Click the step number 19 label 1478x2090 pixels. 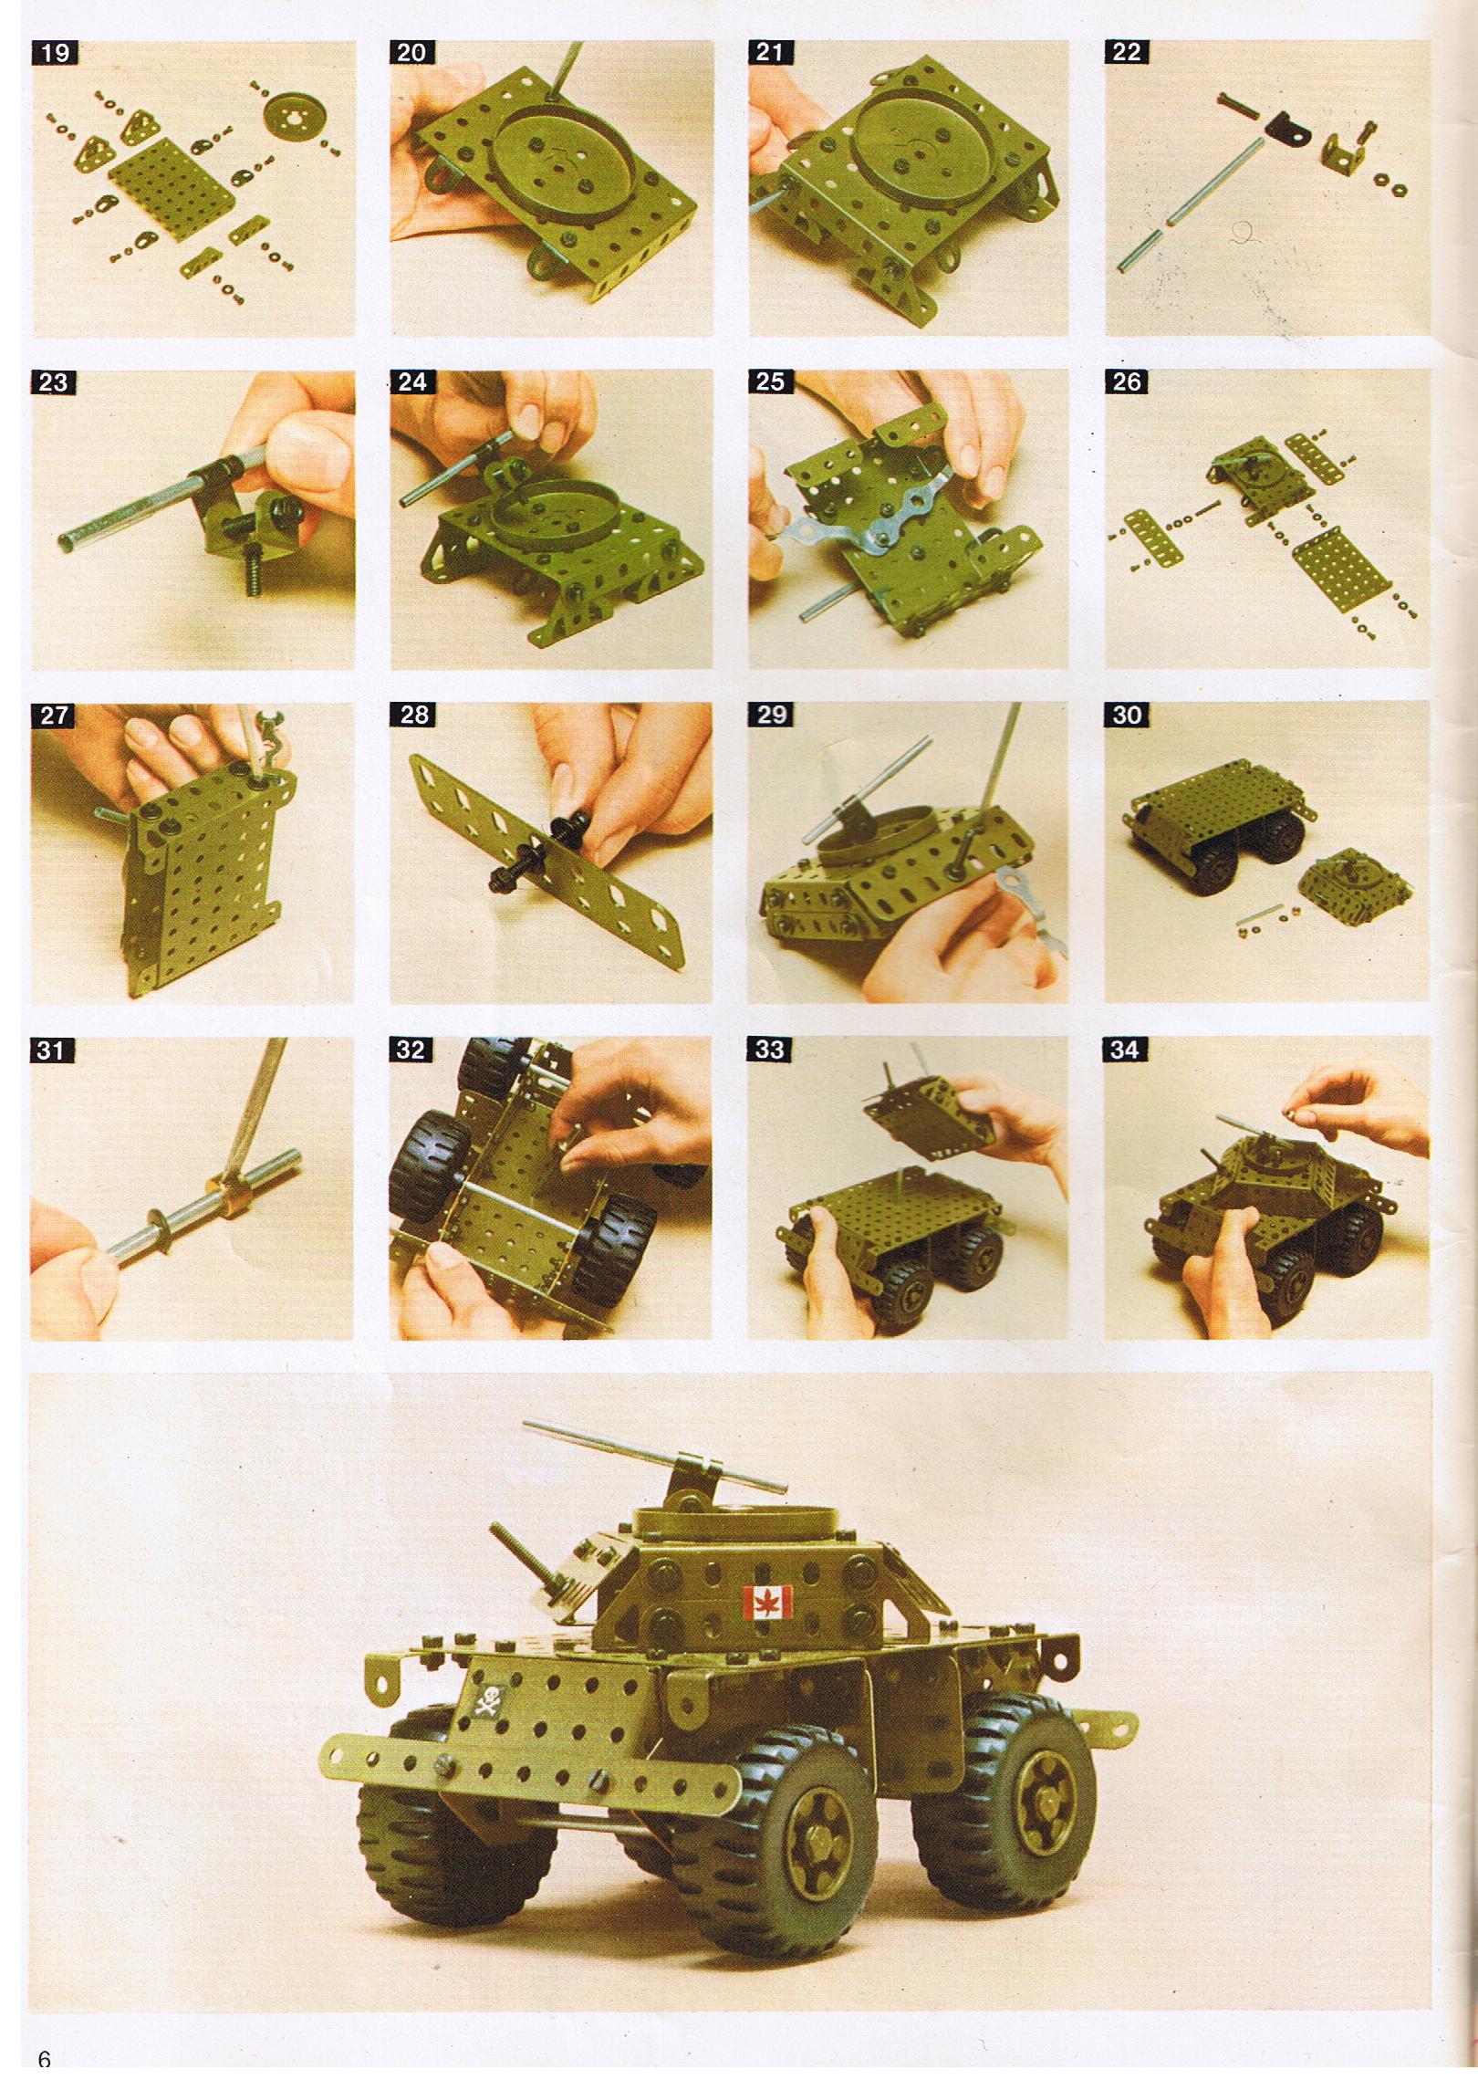[x=55, y=52]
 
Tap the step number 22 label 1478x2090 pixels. [x=1127, y=52]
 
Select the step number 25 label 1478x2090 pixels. [x=771, y=381]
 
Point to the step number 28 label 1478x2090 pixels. [x=413, y=715]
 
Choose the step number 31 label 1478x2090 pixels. [x=51, y=1050]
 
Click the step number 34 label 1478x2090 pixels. [x=1125, y=1050]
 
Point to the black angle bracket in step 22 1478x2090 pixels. [x=1286, y=135]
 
